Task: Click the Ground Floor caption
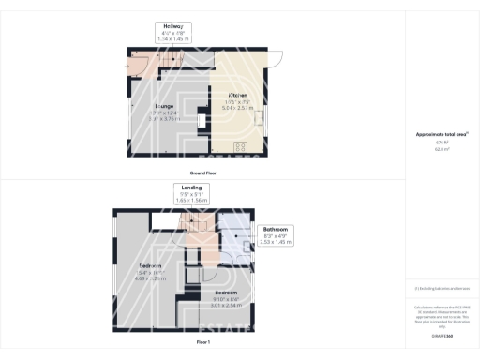coord(204,173)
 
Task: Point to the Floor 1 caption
coord(203,342)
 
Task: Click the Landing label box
coord(191,194)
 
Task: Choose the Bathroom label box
coord(276,234)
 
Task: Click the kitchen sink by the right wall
coord(261,118)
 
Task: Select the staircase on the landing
coord(195,224)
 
